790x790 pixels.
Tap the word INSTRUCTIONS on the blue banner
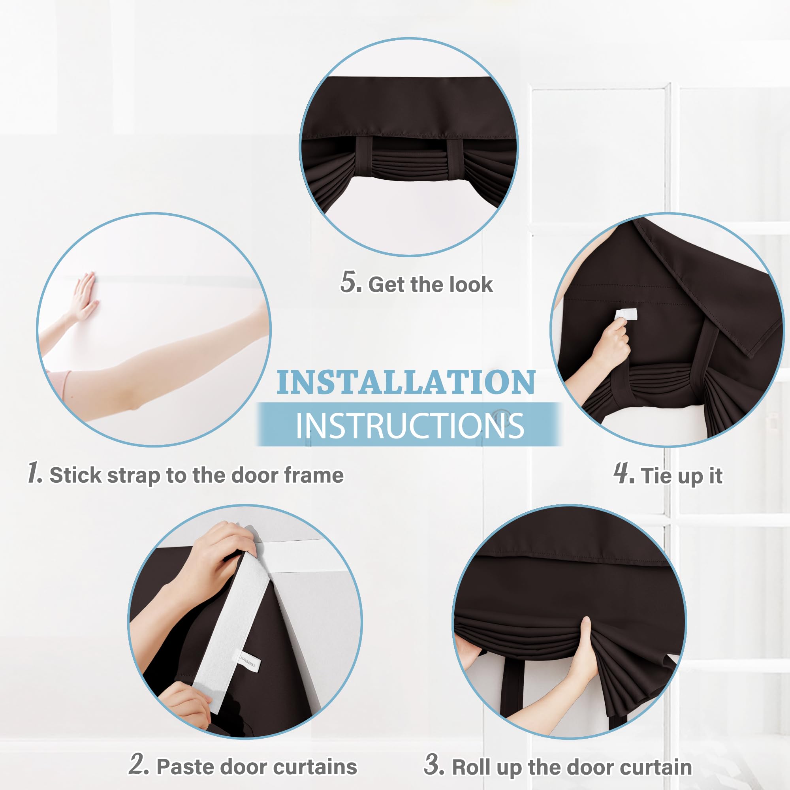pyautogui.click(x=409, y=426)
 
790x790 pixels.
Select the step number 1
pyautogui.click(x=34, y=473)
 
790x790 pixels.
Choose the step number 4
pyautogui.click(x=624, y=474)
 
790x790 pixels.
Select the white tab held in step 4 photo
pyautogui.click(x=626, y=314)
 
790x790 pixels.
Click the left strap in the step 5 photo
pyautogui.click(x=363, y=160)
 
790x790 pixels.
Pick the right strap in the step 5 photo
pyautogui.click(x=455, y=160)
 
